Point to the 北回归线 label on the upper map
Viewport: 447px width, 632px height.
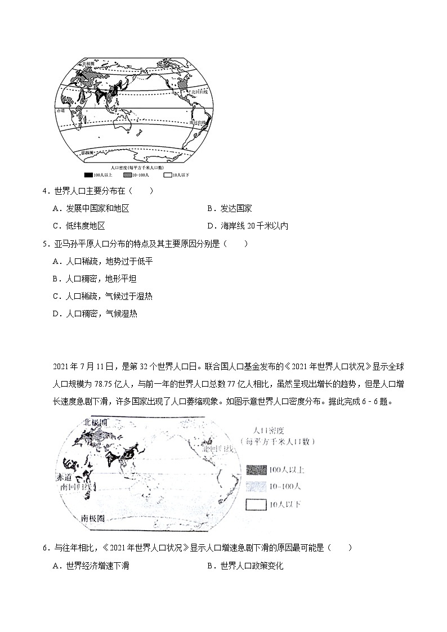click(x=199, y=91)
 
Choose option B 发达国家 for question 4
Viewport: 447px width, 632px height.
click(x=229, y=209)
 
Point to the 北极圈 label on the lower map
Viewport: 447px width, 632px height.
click(x=95, y=423)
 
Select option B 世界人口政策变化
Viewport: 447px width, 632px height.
click(x=245, y=566)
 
